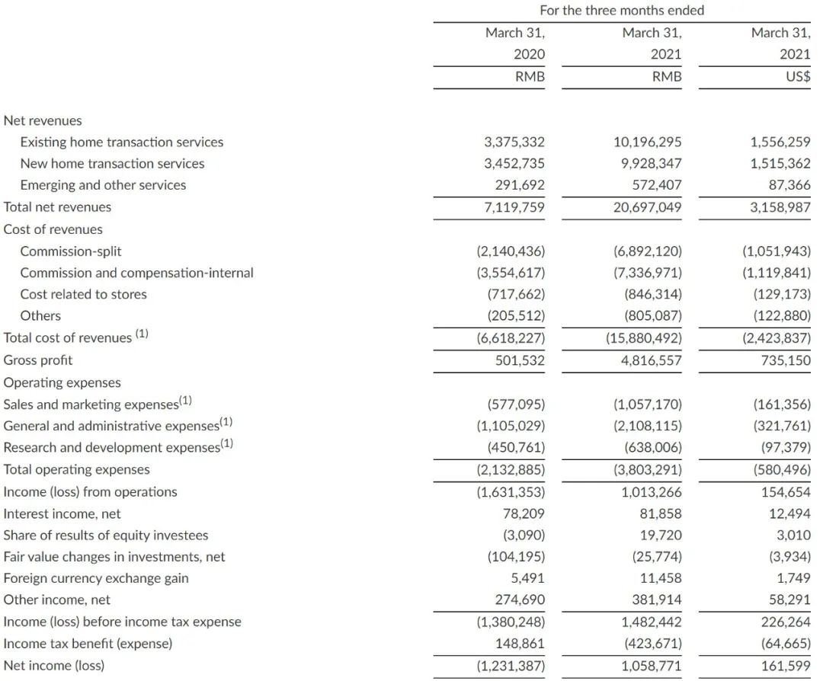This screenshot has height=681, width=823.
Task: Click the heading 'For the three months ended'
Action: [622, 11]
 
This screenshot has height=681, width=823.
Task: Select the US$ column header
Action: [797, 76]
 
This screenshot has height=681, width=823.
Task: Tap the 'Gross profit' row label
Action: [38, 360]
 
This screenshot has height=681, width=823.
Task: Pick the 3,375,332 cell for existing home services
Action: [514, 142]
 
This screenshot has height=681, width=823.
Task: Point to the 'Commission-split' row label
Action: [71, 251]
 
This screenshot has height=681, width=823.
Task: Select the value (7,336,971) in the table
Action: [647, 273]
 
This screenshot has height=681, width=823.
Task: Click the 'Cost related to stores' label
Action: [83, 294]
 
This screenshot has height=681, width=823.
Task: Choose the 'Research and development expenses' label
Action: [111, 448]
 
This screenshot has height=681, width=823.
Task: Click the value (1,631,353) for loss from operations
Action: [511, 492]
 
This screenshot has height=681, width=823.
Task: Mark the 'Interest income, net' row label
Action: [62, 514]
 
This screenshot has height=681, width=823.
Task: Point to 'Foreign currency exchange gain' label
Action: [96, 578]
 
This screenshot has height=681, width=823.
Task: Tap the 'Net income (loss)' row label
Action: [53, 666]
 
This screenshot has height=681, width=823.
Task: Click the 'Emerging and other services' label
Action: [103, 185]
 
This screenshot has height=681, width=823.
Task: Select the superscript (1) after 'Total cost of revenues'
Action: [142, 333]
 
